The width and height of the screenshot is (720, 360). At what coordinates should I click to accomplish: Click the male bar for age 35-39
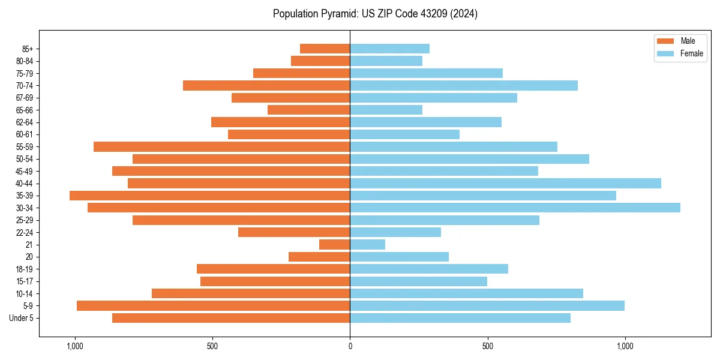coord(210,196)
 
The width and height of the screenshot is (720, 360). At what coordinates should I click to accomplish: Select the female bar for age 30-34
coord(515,208)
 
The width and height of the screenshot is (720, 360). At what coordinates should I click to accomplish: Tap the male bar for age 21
coord(335,244)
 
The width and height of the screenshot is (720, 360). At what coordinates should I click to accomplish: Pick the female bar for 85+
coord(389,49)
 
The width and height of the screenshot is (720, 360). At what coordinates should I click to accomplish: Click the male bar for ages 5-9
coord(213,305)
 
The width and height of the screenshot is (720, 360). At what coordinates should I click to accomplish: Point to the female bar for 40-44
coord(505,183)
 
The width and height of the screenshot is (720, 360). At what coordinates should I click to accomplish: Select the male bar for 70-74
coord(266,85)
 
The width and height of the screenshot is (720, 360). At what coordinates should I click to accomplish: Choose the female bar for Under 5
coord(460,318)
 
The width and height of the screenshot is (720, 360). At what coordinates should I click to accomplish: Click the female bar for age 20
coord(399,257)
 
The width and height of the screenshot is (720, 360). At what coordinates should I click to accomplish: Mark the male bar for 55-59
coord(222,146)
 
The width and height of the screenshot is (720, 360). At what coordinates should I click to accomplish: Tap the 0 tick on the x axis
coord(350,346)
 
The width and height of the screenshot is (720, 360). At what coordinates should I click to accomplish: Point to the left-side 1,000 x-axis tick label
coord(75,346)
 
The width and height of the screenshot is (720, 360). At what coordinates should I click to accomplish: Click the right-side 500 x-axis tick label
coord(487,346)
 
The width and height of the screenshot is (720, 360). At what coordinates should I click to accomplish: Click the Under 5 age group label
coord(22,318)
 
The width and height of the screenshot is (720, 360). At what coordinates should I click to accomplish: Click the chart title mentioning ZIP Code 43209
coord(375,14)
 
